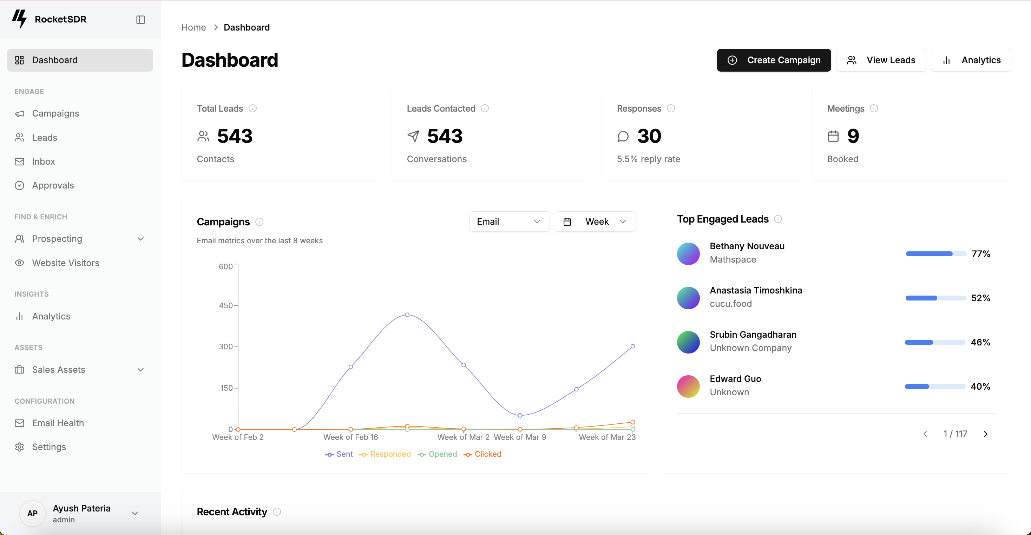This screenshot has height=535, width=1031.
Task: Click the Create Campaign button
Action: click(773, 60)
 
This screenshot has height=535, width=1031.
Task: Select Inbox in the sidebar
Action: click(43, 161)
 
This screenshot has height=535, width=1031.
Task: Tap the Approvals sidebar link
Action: click(53, 185)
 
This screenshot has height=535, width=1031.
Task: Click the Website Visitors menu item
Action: click(66, 263)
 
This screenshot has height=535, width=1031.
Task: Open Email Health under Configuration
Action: click(58, 423)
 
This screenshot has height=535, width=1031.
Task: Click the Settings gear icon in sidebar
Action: click(19, 447)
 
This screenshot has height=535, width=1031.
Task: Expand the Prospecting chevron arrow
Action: click(140, 239)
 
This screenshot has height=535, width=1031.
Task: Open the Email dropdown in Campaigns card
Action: click(509, 222)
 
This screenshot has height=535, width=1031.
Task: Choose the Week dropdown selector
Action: click(595, 222)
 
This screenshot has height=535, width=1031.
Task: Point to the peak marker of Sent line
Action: click(407, 315)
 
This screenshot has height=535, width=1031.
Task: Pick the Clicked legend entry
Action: click(483, 454)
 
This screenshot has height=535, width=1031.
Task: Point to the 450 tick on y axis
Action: click(226, 305)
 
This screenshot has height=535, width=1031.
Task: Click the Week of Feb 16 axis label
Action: click(350, 437)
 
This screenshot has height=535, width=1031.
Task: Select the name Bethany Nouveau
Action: click(747, 246)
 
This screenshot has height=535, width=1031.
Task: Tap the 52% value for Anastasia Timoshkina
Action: click(980, 298)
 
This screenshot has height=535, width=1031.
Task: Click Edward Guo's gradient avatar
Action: click(688, 386)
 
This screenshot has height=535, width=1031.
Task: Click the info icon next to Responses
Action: click(671, 108)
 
